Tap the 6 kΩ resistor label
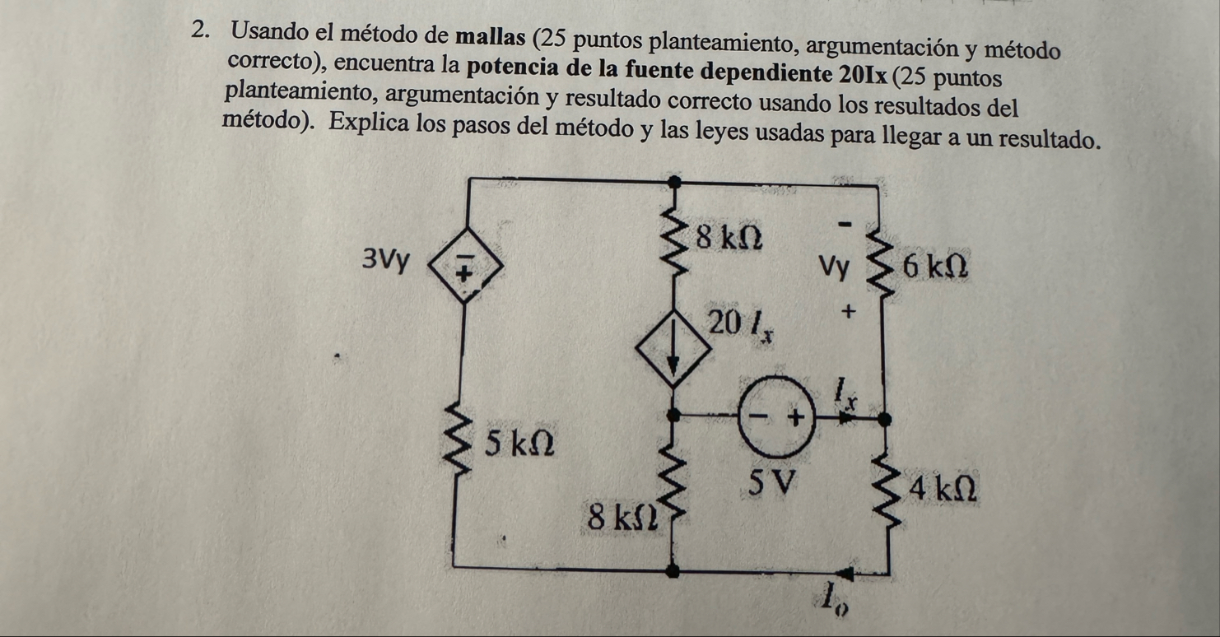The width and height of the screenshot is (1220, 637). point(934,266)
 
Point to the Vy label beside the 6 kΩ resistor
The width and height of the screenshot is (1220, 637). point(833,268)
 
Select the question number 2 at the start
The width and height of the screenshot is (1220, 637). point(202,31)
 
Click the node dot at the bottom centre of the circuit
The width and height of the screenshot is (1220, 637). point(673,570)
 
